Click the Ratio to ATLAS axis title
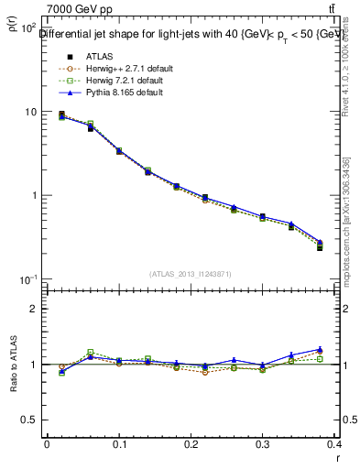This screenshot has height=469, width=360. tap(13, 365)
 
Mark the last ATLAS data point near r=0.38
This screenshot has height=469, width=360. tap(320, 247)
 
